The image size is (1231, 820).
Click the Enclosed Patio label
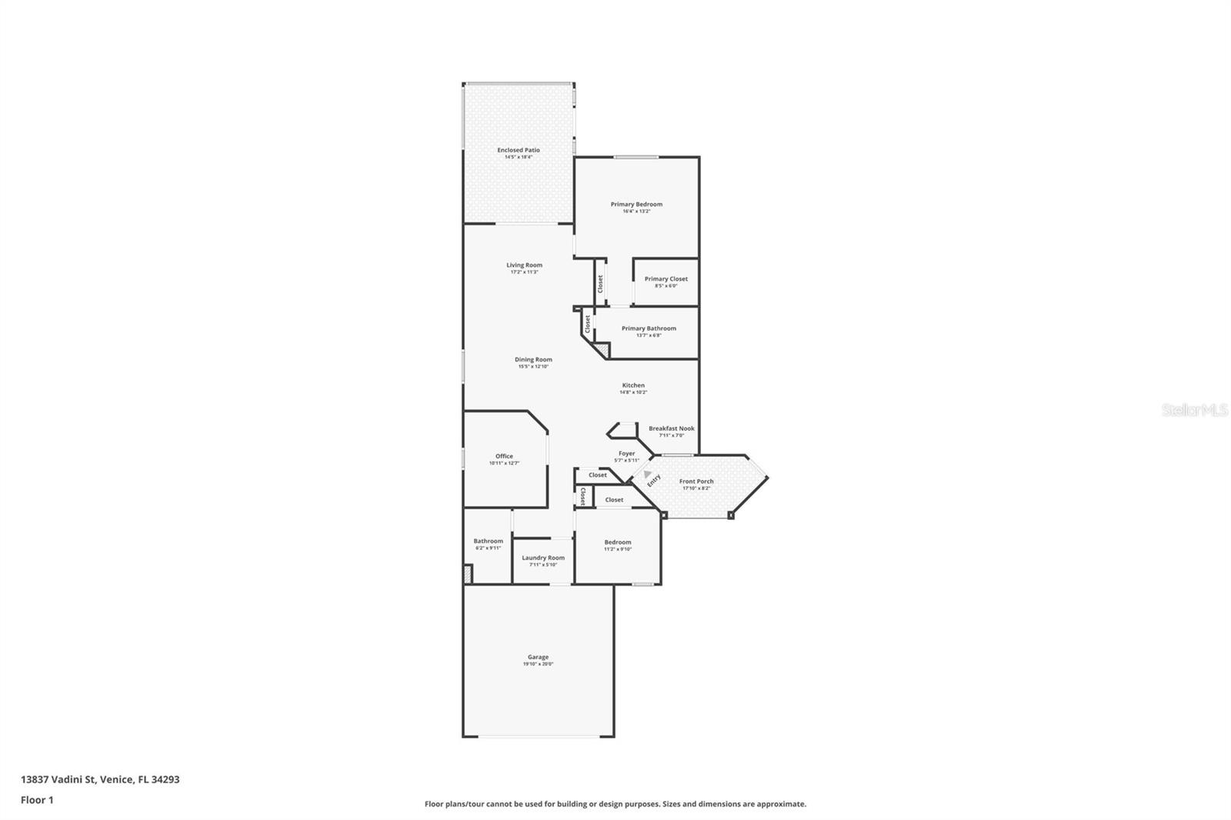[x=518, y=150]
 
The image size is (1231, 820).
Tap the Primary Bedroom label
[x=636, y=204]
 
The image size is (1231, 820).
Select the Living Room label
[x=524, y=265]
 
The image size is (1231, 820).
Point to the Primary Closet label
[x=666, y=278]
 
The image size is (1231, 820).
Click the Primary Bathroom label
[x=649, y=328]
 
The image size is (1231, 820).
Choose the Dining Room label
[x=533, y=359]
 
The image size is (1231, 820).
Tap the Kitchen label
[x=633, y=385]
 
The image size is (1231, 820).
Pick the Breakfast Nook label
[x=671, y=428]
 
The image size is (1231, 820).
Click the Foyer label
[x=626, y=454]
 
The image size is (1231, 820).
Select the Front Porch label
[x=696, y=482]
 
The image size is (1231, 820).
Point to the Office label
[x=504, y=456]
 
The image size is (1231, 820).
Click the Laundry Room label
[x=543, y=558]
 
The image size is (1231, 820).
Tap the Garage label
[x=538, y=657]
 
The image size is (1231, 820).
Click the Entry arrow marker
[x=648, y=475]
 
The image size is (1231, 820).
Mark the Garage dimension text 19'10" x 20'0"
[x=538, y=664]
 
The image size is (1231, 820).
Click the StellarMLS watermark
[x=1194, y=411]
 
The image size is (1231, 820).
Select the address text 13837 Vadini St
[x=58, y=779]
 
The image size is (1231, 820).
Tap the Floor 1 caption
[x=37, y=800]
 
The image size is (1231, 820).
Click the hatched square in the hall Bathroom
[x=467, y=575]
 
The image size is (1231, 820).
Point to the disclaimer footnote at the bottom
[x=615, y=804]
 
